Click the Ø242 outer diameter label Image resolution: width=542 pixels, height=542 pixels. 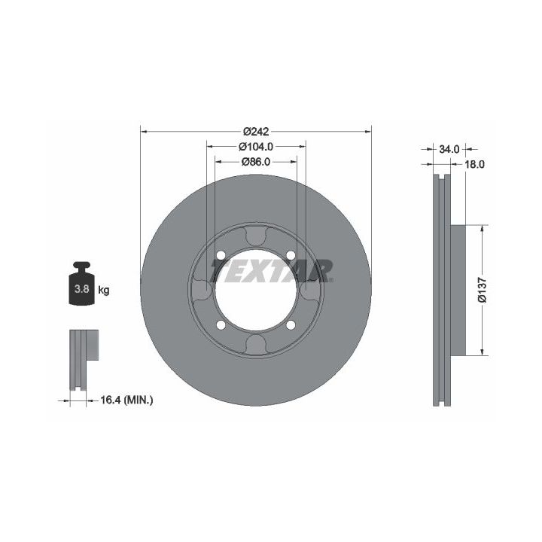pos(256,132)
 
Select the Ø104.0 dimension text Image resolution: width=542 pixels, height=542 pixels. pos(256,147)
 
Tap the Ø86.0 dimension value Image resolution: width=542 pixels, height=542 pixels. pos(256,162)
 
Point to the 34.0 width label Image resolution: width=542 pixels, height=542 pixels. pos(449,149)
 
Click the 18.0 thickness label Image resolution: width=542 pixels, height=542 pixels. pos(474,164)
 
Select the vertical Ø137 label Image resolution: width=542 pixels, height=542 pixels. pos(483,290)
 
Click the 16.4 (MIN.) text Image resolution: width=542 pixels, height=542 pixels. pos(126,400)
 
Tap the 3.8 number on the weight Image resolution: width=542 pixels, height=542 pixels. pos(82,288)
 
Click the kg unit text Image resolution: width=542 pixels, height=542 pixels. pos(104,291)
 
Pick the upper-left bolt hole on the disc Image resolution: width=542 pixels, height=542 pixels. pos(221,255)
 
